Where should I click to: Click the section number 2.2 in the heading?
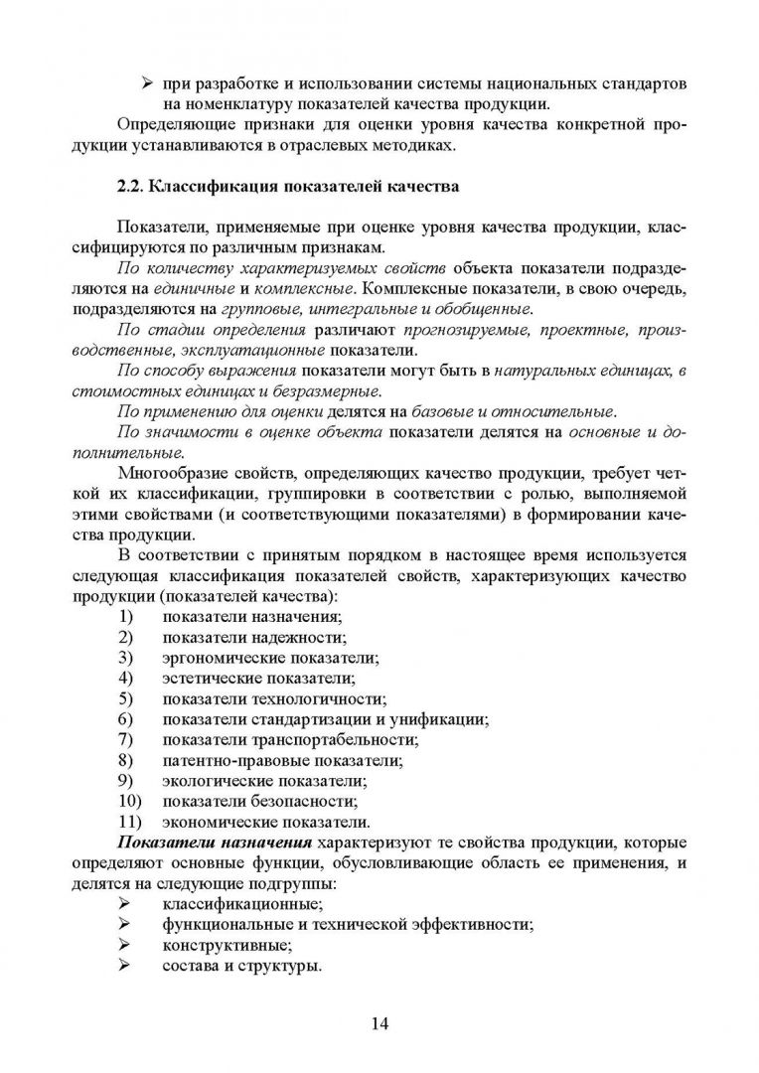[131, 185]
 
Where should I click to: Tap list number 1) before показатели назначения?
[125, 616]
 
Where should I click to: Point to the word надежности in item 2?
[299, 637]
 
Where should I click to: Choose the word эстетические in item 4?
[210, 678]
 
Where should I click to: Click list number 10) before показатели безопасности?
[129, 802]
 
